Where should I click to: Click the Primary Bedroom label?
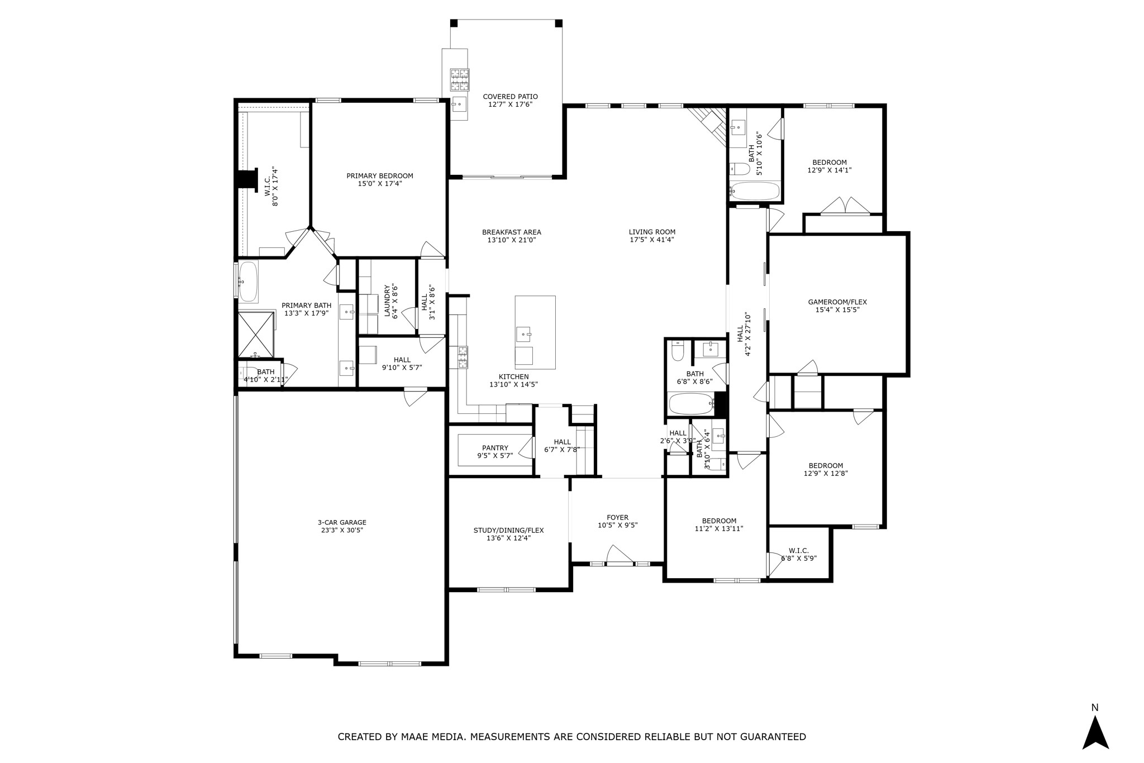pyautogui.click(x=380, y=176)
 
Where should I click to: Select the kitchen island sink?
pyautogui.click(x=523, y=335)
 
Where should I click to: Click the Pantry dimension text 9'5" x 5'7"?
pyautogui.click(x=495, y=456)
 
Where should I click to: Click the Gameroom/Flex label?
pyautogui.click(x=837, y=302)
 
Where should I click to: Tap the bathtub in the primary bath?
pyautogui.click(x=248, y=282)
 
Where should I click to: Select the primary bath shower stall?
pyautogui.click(x=256, y=335)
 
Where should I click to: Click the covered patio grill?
pyautogui.click(x=460, y=79)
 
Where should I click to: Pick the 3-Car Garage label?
pyautogui.click(x=342, y=523)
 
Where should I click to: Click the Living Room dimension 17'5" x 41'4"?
pyautogui.click(x=652, y=240)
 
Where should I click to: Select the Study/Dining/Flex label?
pyautogui.click(x=508, y=531)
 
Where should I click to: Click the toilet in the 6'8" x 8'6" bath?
pyautogui.click(x=678, y=351)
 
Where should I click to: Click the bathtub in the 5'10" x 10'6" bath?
pyautogui.click(x=755, y=192)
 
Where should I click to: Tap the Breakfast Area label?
pyautogui.click(x=511, y=232)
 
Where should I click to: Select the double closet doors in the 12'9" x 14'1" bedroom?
pyautogui.click(x=845, y=206)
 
